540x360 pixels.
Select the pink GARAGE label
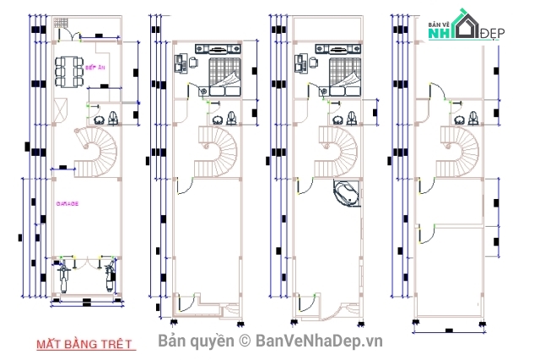(x=67, y=204)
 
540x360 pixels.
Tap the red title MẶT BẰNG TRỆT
(x=84, y=344)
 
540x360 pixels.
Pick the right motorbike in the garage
(x=109, y=275)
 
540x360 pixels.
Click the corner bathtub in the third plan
(x=347, y=193)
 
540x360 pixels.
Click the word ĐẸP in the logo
(x=491, y=33)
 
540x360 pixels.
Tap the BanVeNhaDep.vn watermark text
(x=320, y=340)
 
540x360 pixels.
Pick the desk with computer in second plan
(x=182, y=62)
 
